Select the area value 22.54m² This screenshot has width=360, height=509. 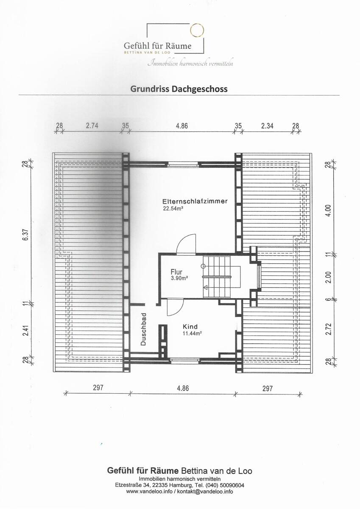point(173,209)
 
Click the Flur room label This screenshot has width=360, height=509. point(176,271)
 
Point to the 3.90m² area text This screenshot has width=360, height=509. point(179,278)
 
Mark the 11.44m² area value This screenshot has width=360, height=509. point(192,333)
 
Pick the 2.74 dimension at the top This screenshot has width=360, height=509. point(92,126)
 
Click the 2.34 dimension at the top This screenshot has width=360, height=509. point(267,126)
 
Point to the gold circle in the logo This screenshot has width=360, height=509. point(196,30)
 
